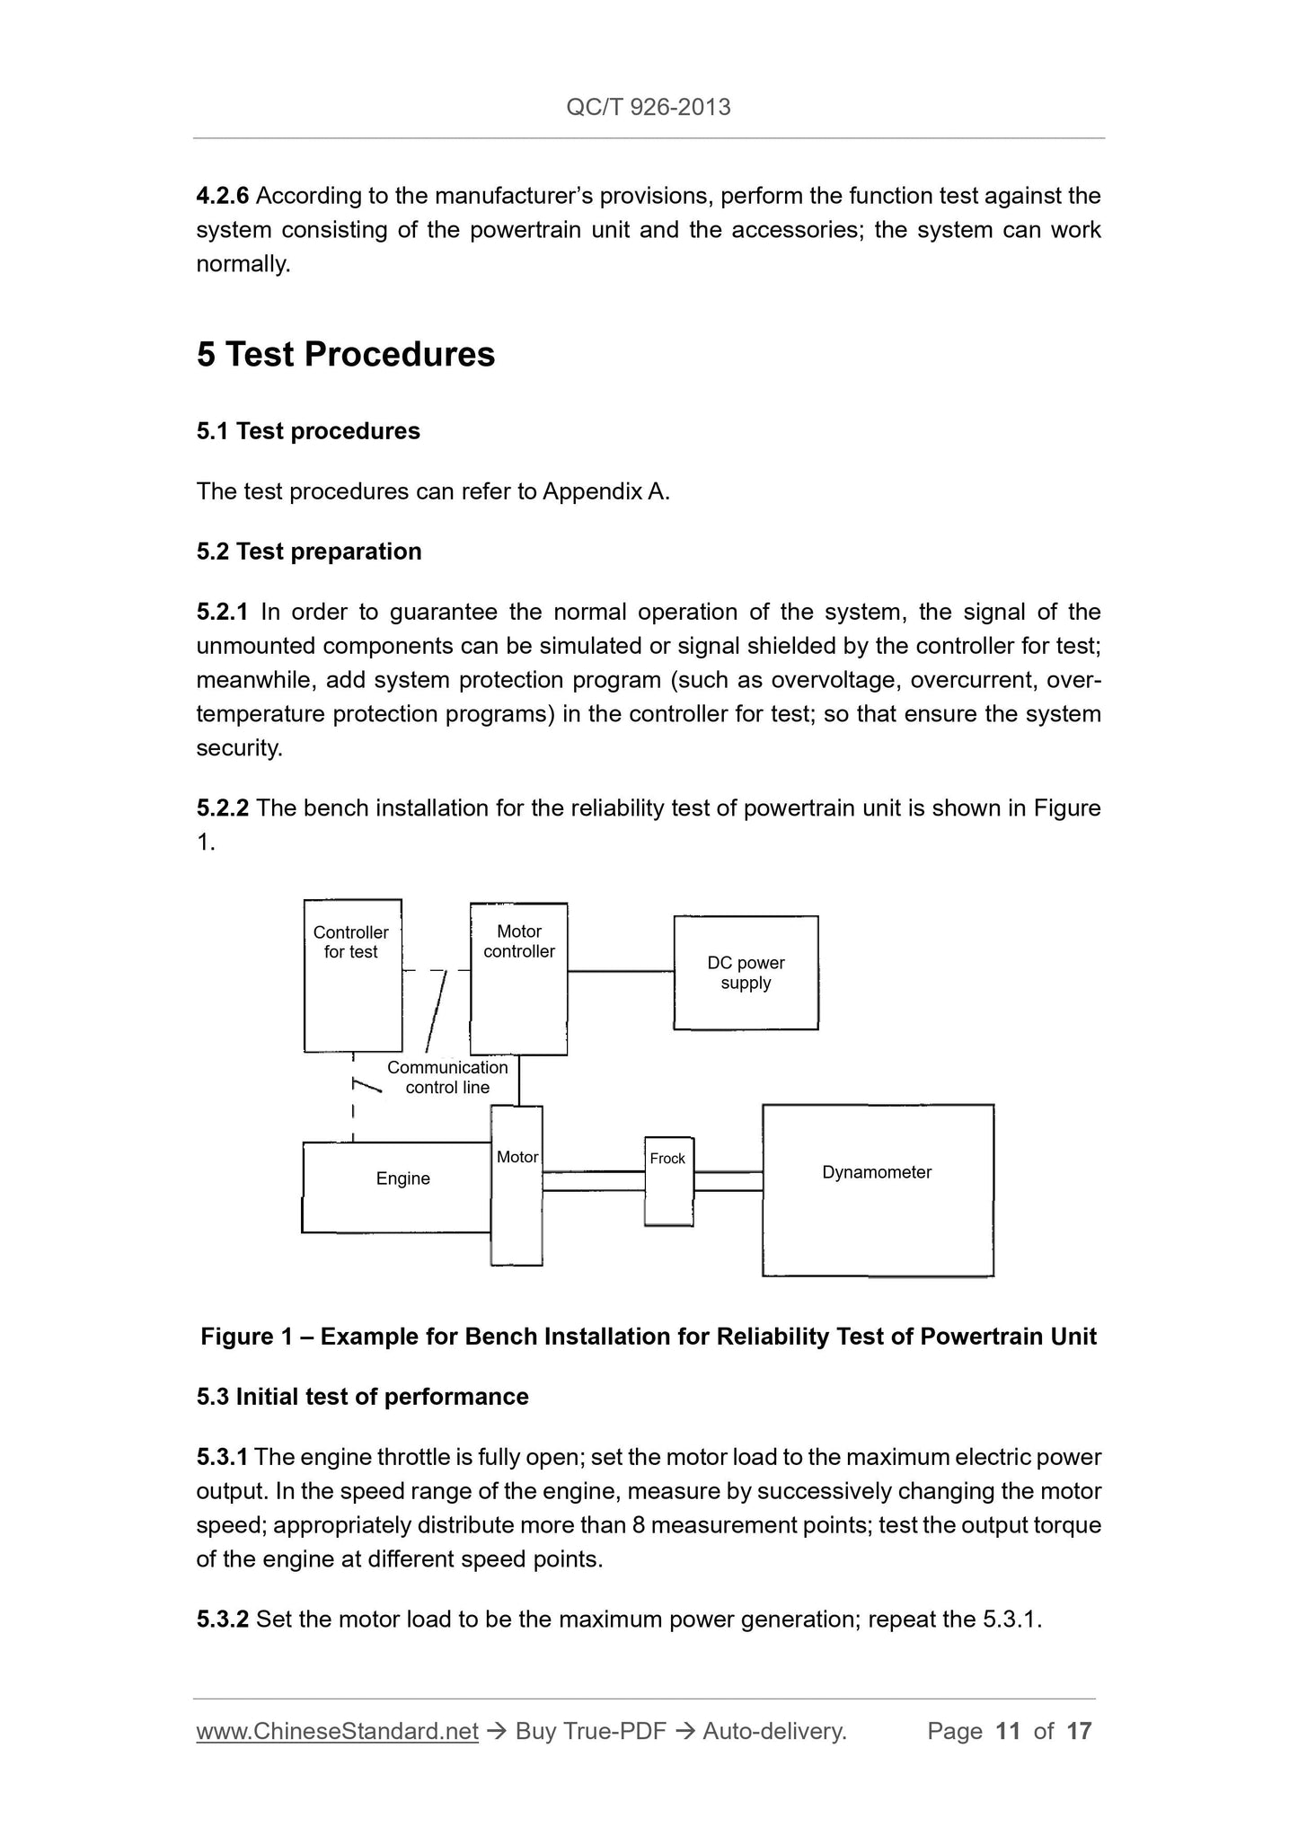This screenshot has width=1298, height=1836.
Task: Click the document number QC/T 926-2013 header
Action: click(x=648, y=108)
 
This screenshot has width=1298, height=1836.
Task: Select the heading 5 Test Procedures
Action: click(x=346, y=354)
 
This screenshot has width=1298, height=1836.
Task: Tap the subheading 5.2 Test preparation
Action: click(x=309, y=551)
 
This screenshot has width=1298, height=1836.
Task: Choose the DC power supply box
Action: click(x=746, y=973)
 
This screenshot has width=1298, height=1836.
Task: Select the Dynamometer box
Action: click(x=877, y=1189)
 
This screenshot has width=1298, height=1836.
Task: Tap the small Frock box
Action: click(x=668, y=1180)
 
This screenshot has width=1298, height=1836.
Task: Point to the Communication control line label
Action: click(x=447, y=1077)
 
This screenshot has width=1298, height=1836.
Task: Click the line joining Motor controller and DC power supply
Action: click(x=621, y=971)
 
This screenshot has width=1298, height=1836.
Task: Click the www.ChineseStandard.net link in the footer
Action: click(x=337, y=1731)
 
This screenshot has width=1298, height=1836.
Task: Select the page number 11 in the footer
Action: click(x=1008, y=1731)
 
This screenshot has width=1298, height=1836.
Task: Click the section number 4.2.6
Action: click(x=222, y=195)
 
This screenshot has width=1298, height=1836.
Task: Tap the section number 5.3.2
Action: click(x=222, y=1619)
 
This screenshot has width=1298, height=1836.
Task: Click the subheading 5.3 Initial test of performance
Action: click(x=362, y=1396)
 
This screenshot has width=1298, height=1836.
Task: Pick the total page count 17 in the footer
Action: click(x=1079, y=1731)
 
